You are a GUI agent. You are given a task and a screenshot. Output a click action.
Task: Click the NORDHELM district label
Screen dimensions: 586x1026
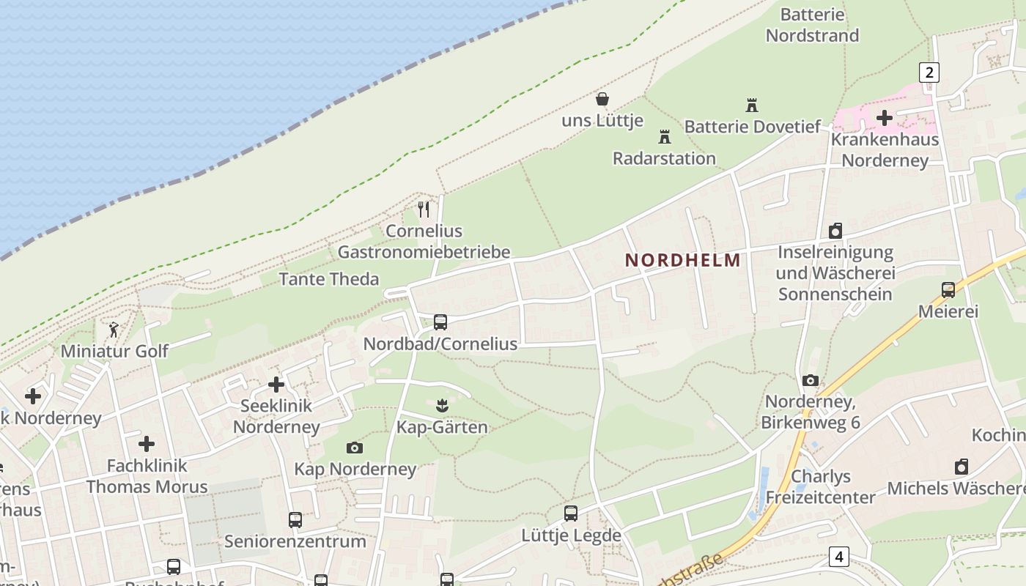pyautogui.click(x=682, y=260)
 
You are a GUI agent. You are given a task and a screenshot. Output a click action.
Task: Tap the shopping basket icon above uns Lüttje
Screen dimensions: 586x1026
pyautogui.click(x=602, y=99)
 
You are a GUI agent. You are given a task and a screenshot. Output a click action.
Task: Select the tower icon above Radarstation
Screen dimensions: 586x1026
pyautogui.click(x=665, y=136)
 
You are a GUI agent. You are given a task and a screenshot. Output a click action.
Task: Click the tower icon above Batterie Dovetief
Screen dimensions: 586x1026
pyautogui.click(x=751, y=105)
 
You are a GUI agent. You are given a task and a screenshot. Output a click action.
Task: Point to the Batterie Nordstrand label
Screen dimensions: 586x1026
pyautogui.click(x=812, y=25)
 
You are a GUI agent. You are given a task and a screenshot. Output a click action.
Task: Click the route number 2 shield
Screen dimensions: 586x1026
pyautogui.click(x=929, y=72)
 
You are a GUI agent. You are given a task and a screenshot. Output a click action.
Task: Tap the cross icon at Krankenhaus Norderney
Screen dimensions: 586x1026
pyautogui.click(x=885, y=117)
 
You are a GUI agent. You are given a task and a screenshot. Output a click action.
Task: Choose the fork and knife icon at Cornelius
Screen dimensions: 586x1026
pyautogui.click(x=424, y=209)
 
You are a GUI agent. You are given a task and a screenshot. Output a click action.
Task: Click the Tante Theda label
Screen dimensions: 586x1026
pyautogui.click(x=329, y=279)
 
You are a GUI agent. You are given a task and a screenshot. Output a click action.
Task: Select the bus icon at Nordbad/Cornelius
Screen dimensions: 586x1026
pyautogui.click(x=440, y=322)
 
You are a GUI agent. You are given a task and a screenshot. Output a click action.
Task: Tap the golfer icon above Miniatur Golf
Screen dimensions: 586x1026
pyautogui.click(x=114, y=330)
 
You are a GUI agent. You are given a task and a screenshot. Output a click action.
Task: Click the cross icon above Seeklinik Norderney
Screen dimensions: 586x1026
pyautogui.click(x=276, y=384)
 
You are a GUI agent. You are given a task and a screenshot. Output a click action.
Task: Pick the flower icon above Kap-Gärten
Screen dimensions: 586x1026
pyautogui.click(x=441, y=405)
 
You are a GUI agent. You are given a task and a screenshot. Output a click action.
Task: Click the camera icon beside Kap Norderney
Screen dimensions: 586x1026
pyautogui.click(x=354, y=448)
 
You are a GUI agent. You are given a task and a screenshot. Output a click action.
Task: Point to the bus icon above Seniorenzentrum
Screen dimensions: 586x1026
pyautogui.click(x=295, y=520)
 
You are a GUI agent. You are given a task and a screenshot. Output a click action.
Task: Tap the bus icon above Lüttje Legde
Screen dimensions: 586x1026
pyautogui.click(x=571, y=513)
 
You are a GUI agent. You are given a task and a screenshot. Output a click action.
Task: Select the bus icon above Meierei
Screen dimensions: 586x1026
pyautogui.click(x=948, y=290)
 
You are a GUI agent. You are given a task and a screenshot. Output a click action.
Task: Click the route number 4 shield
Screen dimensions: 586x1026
pyautogui.click(x=839, y=557)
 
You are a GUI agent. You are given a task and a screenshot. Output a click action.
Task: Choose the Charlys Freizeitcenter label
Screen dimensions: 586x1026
pyautogui.click(x=821, y=487)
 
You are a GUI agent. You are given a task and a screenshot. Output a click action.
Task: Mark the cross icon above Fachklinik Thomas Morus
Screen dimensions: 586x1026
pyautogui.click(x=147, y=444)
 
